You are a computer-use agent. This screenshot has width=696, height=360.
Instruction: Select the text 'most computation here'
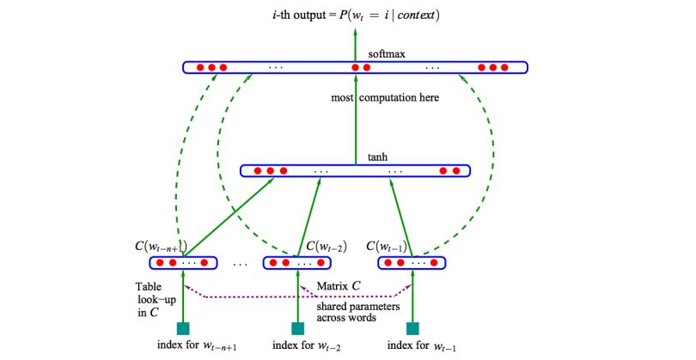point(385,98)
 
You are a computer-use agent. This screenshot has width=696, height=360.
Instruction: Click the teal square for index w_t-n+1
point(183,328)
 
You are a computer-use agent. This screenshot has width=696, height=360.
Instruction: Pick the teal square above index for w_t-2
point(298,328)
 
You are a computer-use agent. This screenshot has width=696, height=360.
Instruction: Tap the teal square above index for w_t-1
point(413,328)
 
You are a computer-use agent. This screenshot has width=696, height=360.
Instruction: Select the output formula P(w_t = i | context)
point(355,15)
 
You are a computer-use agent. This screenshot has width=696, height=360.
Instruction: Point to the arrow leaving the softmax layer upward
point(355,43)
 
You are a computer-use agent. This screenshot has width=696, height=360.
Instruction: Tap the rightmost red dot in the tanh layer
point(456,171)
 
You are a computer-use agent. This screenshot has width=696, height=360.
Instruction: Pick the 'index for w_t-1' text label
point(419,346)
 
